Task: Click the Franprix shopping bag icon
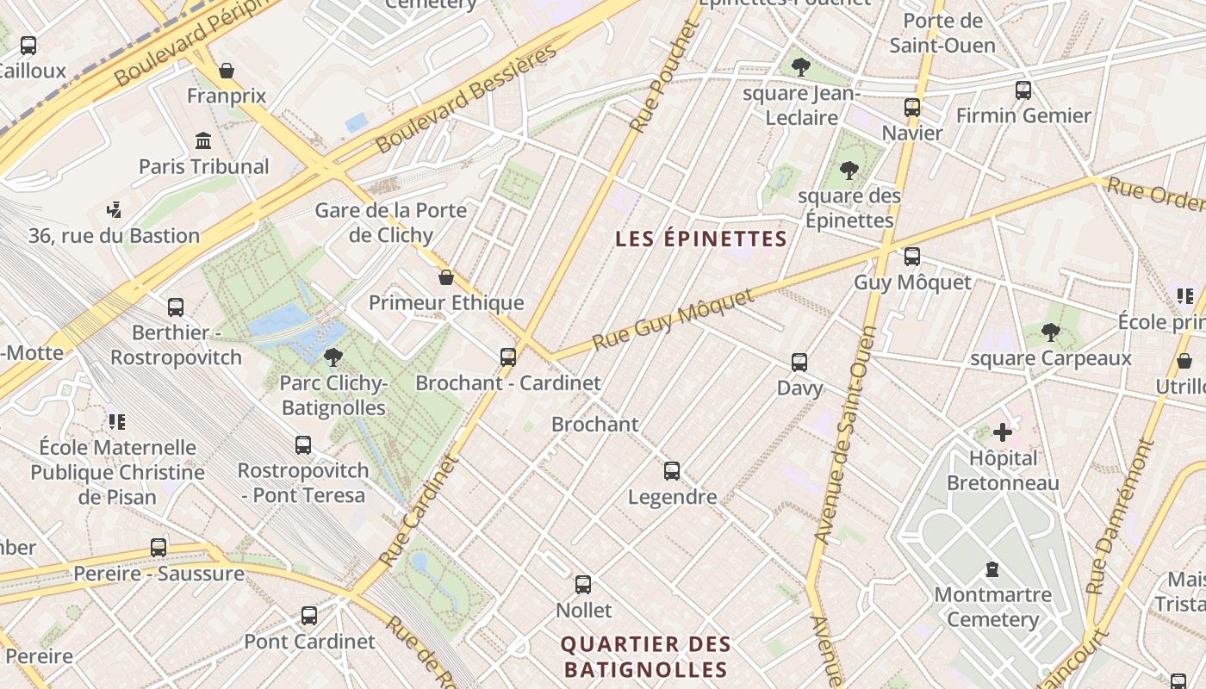pyautogui.click(x=227, y=71)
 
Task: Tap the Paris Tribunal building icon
pyautogui.click(x=203, y=140)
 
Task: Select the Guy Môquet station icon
pyautogui.click(x=911, y=257)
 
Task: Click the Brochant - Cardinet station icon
pyautogui.click(x=508, y=357)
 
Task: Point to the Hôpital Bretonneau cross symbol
pyautogui.click(x=1003, y=432)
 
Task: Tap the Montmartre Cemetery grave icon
pyautogui.click(x=992, y=569)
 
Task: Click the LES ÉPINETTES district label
pyautogui.click(x=701, y=239)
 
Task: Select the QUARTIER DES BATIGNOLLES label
pyautogui.click(x=645, y=656)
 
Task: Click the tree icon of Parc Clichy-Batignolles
pyautogui.click(x=333, y=357)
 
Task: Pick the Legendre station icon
pyautogui.click(x=672, y=471)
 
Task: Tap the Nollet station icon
pyautogui.click(x=583, y=585)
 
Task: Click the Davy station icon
pyautogui.click(x=799, y=363)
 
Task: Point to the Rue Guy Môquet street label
pyautogui.click(x=673, y=320)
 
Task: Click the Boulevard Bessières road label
pyautogui.click(x=466, y=100)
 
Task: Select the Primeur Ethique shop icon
pyautogui.click(x=446, y=277)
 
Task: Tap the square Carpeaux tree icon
pyautogui.click(x=1050, y=332)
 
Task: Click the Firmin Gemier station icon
pyautogui.click(x=1023, y=90)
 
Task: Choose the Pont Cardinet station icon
pyautogui.click(x=309, y=616)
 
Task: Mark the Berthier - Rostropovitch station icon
pyautogui.click(x=176, y=307)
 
